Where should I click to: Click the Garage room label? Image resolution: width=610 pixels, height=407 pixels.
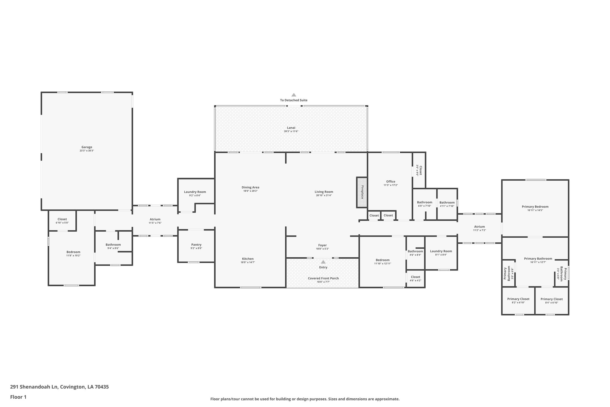click(87, 147)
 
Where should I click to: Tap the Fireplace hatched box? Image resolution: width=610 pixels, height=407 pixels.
click(362, 192)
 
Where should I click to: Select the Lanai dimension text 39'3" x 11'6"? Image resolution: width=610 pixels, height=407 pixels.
click(291, 131)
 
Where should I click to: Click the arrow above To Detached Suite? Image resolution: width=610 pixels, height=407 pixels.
click(294, 95)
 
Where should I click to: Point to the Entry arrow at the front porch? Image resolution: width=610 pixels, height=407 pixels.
click(323, 262)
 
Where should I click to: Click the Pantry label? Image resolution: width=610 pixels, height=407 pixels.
click(196, 244)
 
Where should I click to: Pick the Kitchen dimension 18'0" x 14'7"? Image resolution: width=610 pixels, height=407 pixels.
click(248, 262)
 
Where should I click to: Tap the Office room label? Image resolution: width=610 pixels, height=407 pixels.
click(390, 181)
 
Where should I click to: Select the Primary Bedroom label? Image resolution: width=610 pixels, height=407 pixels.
click(535, 207)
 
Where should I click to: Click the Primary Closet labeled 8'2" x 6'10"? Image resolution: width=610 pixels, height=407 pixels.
click(518, 299)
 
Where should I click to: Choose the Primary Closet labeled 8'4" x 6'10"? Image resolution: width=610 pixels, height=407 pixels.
click(552, 299)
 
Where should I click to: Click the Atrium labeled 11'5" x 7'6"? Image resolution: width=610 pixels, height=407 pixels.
click(155, 219)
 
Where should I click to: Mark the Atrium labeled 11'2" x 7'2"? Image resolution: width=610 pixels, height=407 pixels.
click(480, 227)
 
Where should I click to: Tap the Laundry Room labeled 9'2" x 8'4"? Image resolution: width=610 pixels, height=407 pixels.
click(195, 192)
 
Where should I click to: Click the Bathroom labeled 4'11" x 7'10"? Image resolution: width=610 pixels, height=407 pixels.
click(447, 202)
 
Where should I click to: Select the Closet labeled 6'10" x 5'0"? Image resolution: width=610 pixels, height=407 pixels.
click(62, 219)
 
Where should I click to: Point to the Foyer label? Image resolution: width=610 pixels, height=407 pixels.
click(322, 245)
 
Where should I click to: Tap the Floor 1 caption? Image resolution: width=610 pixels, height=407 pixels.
click(18, 397)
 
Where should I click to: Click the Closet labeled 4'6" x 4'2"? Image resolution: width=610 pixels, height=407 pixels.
click(415, 277)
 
